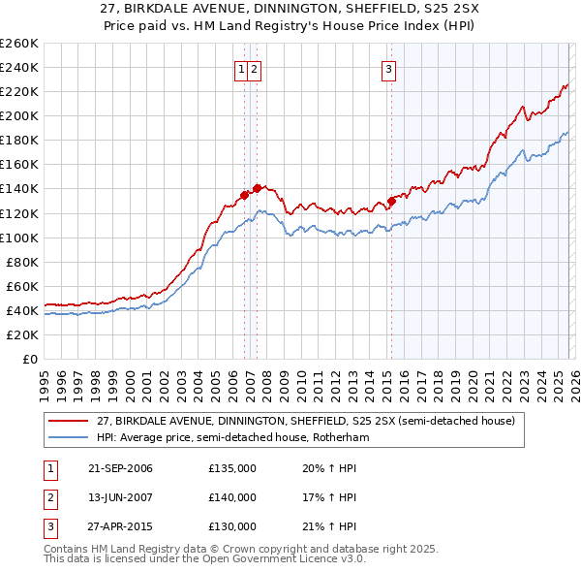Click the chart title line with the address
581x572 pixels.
click(290, 10)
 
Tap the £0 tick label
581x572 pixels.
click(29, 359)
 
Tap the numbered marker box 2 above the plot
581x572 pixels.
click(254, 69)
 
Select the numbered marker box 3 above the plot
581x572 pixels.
click(388, 69)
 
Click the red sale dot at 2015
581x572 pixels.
click(391, 202)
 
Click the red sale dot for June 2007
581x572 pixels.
click(257, 188)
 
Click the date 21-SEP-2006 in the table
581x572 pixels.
click(120, 468)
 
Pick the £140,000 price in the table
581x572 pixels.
click(232, 497)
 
